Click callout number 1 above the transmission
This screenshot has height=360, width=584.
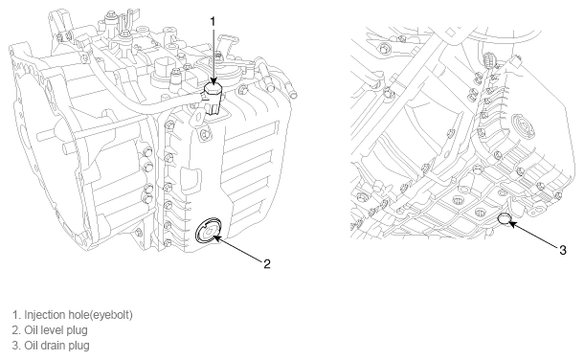pos(213,22)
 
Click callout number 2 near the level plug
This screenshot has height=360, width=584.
pos(267,264)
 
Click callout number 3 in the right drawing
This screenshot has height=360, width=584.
pos(563,250)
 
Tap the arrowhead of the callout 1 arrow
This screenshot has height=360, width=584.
pos(213,80)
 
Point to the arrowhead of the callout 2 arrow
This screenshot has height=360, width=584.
pos(216,237)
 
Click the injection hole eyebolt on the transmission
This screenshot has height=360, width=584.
pos(213,98)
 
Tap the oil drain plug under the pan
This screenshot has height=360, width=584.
pos(505,219)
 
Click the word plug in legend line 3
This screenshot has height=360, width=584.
pos(79,347)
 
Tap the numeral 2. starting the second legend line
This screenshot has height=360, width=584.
pos(16,330)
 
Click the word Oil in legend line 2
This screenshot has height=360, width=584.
pos(33,330)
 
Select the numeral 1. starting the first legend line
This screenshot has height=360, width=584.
pos(16,315)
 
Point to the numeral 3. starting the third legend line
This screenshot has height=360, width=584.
pos(16,346)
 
